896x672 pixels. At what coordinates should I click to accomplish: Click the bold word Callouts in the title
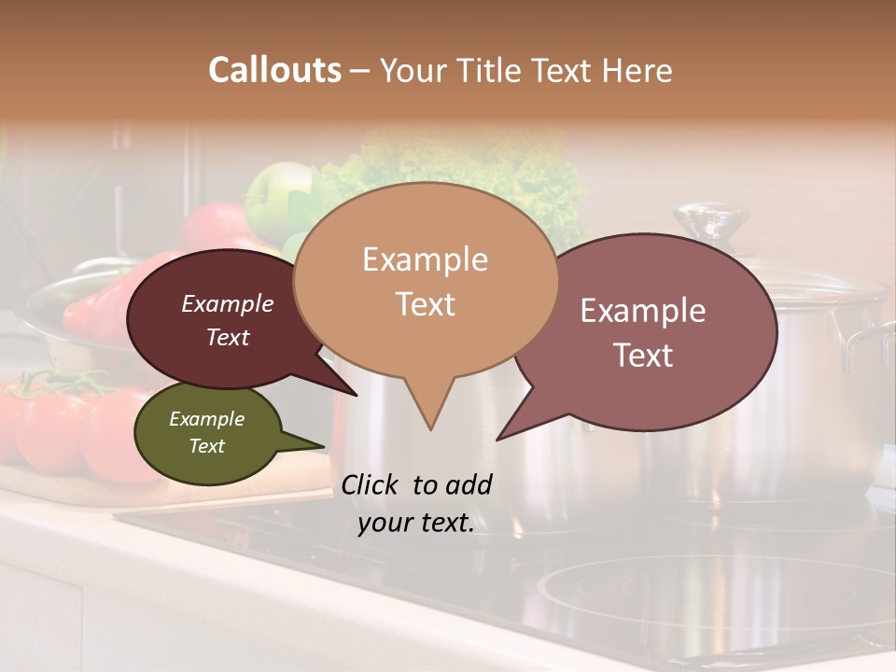[274, 70]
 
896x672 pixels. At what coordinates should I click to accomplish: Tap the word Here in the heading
[637, 70]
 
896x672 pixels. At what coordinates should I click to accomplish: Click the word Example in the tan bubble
[425, 259]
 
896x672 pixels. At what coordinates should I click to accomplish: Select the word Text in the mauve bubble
[643, 356]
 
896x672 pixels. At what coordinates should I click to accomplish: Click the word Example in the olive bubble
[206, 419]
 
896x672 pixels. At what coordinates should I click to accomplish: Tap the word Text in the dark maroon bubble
[228, 337]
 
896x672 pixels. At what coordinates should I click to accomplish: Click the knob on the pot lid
[711, 222]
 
